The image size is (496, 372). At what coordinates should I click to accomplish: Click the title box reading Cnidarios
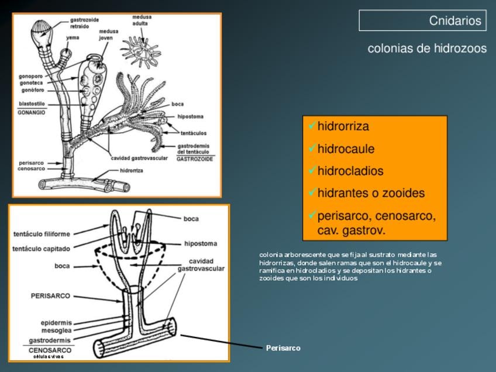tap(422, 20)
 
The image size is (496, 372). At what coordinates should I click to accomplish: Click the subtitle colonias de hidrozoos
tap(427, 49)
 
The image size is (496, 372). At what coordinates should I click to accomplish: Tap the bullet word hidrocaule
tap(346, 149)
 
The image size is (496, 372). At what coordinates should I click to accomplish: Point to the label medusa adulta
tap(142, 20)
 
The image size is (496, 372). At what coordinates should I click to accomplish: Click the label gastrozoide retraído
tap(84, 23)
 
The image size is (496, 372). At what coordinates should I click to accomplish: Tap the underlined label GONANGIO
tap(31, 111)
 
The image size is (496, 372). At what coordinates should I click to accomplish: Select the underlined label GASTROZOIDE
tap(195, 159)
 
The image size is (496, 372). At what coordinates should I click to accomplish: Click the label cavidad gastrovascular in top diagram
tap(140, 158)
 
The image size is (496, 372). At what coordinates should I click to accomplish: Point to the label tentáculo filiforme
tap(41, 235)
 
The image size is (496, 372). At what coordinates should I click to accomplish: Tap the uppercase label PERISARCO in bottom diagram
tap(50, 296)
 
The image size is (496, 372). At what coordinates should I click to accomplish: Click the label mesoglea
tap(57, 330)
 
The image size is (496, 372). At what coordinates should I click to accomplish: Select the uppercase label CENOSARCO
tap(50, 350)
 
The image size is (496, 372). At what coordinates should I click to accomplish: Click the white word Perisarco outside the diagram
tap(283, 348)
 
